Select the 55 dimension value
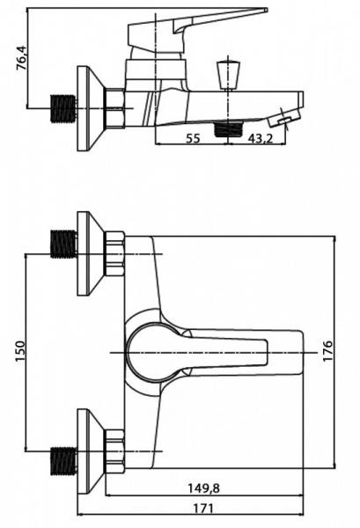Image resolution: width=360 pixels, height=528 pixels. click(194, 138)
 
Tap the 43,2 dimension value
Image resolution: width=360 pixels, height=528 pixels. click(261, 138)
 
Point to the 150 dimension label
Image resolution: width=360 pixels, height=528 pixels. click(20, 351)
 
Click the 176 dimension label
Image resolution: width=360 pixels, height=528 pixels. click(327, 351)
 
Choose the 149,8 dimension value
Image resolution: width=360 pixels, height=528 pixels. click(203, 488)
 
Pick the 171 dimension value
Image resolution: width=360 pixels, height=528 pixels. click(203, 508)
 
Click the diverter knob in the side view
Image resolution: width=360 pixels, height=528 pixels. click(228, 74)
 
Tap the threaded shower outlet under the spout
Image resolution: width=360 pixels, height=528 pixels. click(229, 128)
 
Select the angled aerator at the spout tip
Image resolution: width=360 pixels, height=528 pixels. click(284, 117)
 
